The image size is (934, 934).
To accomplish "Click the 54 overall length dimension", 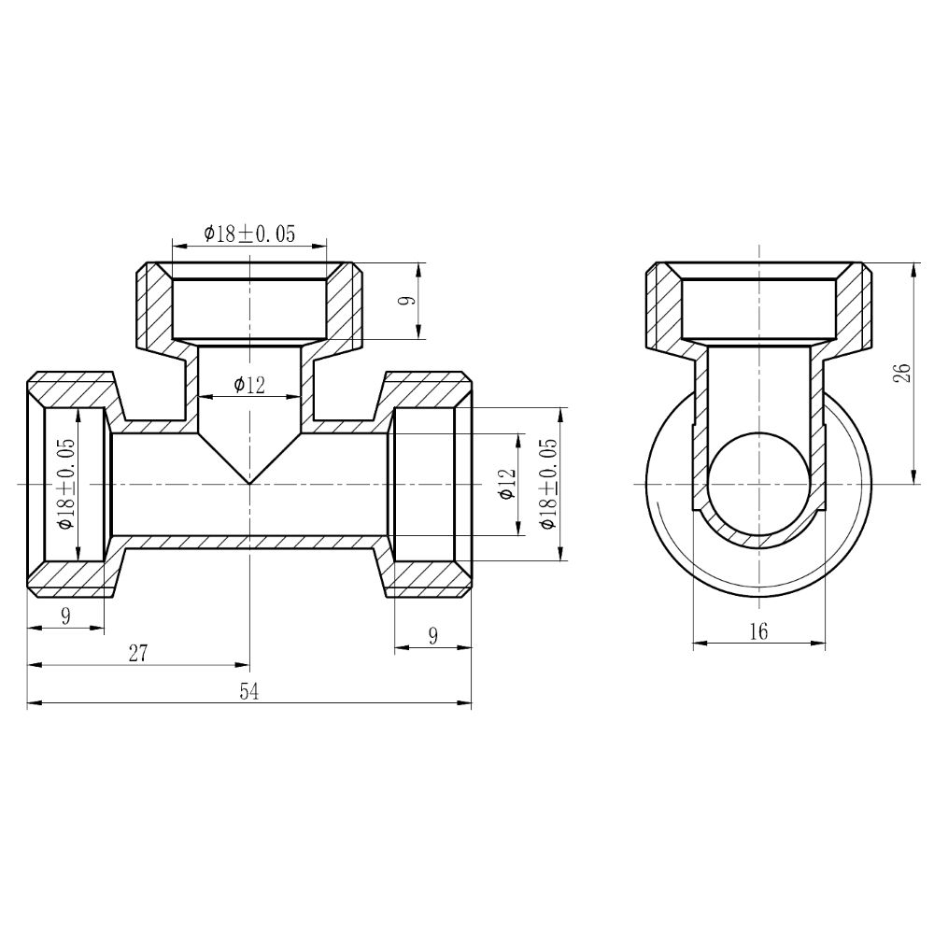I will [248, 691].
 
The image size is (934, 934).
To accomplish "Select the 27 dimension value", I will [138, 653].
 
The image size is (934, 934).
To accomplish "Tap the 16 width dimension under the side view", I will [758, 631].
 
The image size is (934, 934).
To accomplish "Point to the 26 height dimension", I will [900, 374].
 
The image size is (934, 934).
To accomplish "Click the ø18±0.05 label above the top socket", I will [249, 233].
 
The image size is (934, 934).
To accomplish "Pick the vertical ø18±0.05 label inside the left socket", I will [66, 484].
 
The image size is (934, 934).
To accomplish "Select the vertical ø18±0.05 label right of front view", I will [549, 484].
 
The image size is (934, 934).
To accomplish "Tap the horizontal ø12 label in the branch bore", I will [249, 384].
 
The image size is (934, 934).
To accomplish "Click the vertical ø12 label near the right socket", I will [507, 484].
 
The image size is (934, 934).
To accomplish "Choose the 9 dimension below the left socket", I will [65, 616].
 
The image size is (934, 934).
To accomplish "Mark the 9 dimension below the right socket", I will [432, 635].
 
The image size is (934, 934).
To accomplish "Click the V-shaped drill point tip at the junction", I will [249, 481].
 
